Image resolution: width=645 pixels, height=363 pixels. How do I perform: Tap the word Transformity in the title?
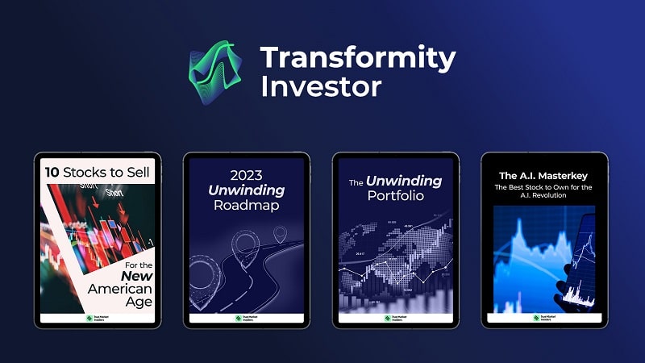pyautogui.click(x=357, y=58)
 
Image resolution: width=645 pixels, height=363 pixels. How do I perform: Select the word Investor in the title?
pyautogui.click(x=320, y=86)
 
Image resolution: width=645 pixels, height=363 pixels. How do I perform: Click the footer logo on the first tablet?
pyautogui.click(x=98, y=319)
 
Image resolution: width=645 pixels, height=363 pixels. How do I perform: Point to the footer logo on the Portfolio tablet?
pyautogui.click(x=396, y=319)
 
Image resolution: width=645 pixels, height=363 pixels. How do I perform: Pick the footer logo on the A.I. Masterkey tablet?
pyautogui.click(x=545, y=319)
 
